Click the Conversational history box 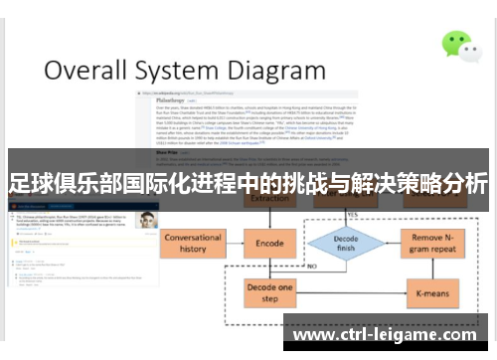click(x=193, y=243)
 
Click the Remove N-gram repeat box click(x=432, y=243)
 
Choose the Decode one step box click(x=269, y=292)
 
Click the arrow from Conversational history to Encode click(x=234, y=243)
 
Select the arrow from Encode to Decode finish click(x=303, y=243)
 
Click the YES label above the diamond click(x=352, y=213)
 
